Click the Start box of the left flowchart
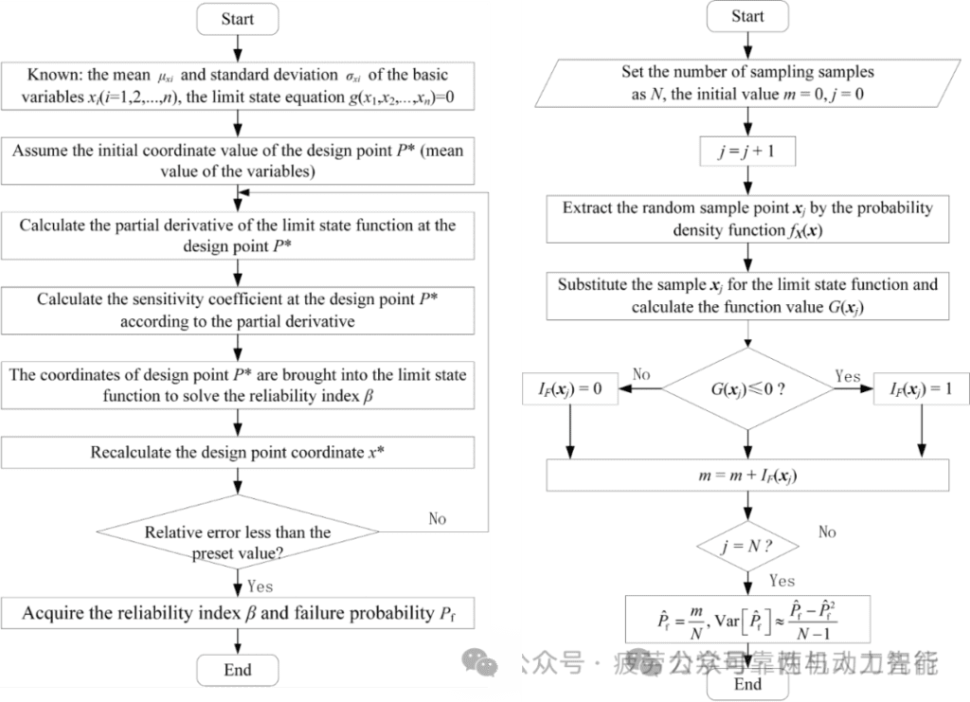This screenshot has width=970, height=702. (238, 19)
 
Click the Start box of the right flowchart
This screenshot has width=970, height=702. (747, 16)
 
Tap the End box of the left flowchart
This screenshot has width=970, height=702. (238, 670)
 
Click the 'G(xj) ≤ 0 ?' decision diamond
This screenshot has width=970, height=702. (747, 389)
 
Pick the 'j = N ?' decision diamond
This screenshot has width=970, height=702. (747, 547)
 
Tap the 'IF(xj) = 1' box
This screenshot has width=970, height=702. (921, 389)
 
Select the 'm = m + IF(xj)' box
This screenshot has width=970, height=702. (747, 476)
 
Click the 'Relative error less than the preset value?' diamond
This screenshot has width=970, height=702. (238, 541)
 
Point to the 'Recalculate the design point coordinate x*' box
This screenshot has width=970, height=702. (238, 452)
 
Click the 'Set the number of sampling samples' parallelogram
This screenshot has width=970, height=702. (747, 82)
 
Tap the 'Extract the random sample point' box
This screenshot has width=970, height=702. (747, 219)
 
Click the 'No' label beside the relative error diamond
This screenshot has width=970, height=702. (437, 518)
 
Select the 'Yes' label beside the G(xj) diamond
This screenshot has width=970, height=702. (848, 376)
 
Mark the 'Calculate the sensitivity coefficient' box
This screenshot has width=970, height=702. (238, 310)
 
